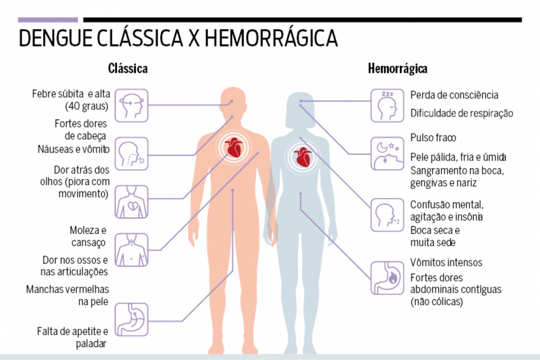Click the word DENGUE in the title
(x=56, y=38)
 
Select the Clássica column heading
(x=128, y=69)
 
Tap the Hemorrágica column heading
(x=398, y=69)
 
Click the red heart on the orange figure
(x=234, y=147)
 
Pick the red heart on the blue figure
(x=302, y=157)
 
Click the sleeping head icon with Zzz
(x=387, y=106)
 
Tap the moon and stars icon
(x=387, y=154)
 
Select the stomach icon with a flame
(x=387, y=278)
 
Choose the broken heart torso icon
(x=131, y=202)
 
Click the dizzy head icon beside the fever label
(x=131, y=106)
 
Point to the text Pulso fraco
(x=433, y=138)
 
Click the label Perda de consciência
(x=454, y=95)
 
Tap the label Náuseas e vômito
(x=73, y=149)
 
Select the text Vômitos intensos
(x=446, y=263)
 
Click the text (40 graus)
(x=87, y=106)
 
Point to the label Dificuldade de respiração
(x=462, y=114)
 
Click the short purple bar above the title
(x=48, y=20)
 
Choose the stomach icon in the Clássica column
(x=131, y=320)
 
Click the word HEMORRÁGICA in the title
(x=271, y=38)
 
